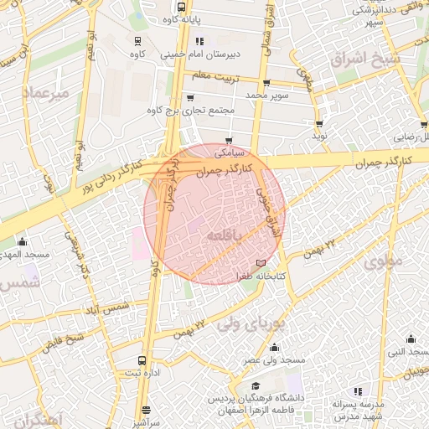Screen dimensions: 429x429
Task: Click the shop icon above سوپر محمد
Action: (x=266, y=83)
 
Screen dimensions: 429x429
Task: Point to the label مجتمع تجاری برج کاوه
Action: (x=186, y=111)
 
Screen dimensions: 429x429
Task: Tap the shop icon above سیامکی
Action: (x=228, y=140)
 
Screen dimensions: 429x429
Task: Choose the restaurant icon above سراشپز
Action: (x=146, y=411)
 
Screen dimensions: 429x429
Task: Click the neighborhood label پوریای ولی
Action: (x=251, y=323)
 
